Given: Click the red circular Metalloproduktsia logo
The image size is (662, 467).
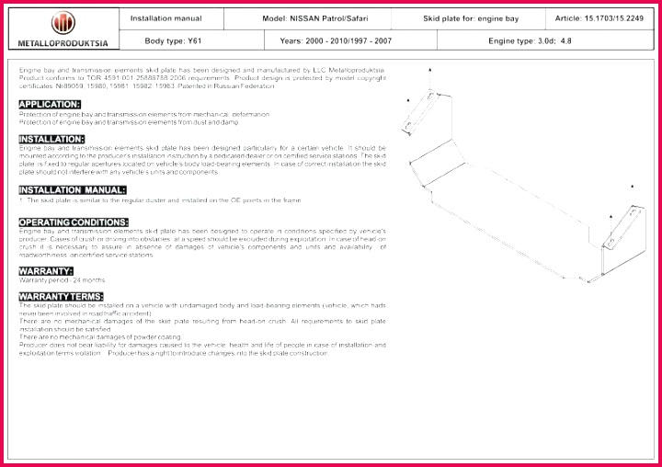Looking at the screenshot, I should [x=63, y=24].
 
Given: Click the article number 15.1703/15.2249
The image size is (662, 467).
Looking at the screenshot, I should [x=599, y=17].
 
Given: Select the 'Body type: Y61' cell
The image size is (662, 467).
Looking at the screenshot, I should [x=165, y=41].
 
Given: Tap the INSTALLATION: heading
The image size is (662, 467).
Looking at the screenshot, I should [x=52, y=139].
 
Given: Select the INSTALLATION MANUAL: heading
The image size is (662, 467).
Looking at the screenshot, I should [x=73, y=189].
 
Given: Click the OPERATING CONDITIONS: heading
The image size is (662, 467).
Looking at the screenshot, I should [x=74, y=222].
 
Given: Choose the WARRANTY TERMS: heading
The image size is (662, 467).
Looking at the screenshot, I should [x=61, y=296].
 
